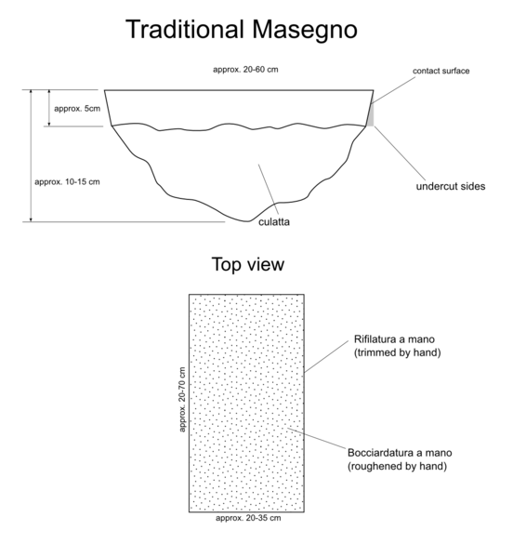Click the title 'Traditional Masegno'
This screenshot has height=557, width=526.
tap(242, 30)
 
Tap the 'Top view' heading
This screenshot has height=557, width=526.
tap(248, 265)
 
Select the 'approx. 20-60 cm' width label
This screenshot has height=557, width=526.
tap(245, 70)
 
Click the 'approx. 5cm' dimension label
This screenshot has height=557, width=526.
tap(77, 109)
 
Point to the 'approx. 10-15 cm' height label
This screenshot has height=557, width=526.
tap(67, 182)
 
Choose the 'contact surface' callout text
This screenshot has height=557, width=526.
tap(441, 71)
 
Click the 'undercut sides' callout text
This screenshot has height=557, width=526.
tap(451, 187)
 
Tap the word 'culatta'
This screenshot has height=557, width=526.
tap(274, 222)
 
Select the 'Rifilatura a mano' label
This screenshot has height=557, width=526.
tap(394, 339)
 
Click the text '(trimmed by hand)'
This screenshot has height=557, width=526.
tap(397, 352)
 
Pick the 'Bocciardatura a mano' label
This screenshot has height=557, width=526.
tap(400, 453)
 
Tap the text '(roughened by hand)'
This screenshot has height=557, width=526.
tap(397, 466)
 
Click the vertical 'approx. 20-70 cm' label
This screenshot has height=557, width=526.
tap(182, 400)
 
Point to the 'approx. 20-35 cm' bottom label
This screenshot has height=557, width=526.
tap(248, 518)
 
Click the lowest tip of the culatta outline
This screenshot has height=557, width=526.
tap(247, 221)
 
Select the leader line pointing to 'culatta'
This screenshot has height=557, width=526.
tap(269, 190)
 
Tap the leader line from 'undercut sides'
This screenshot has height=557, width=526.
tap(400, 153)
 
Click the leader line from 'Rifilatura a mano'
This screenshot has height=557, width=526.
tap(326, 357)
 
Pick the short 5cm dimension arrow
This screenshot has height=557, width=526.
tap(49, 108)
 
